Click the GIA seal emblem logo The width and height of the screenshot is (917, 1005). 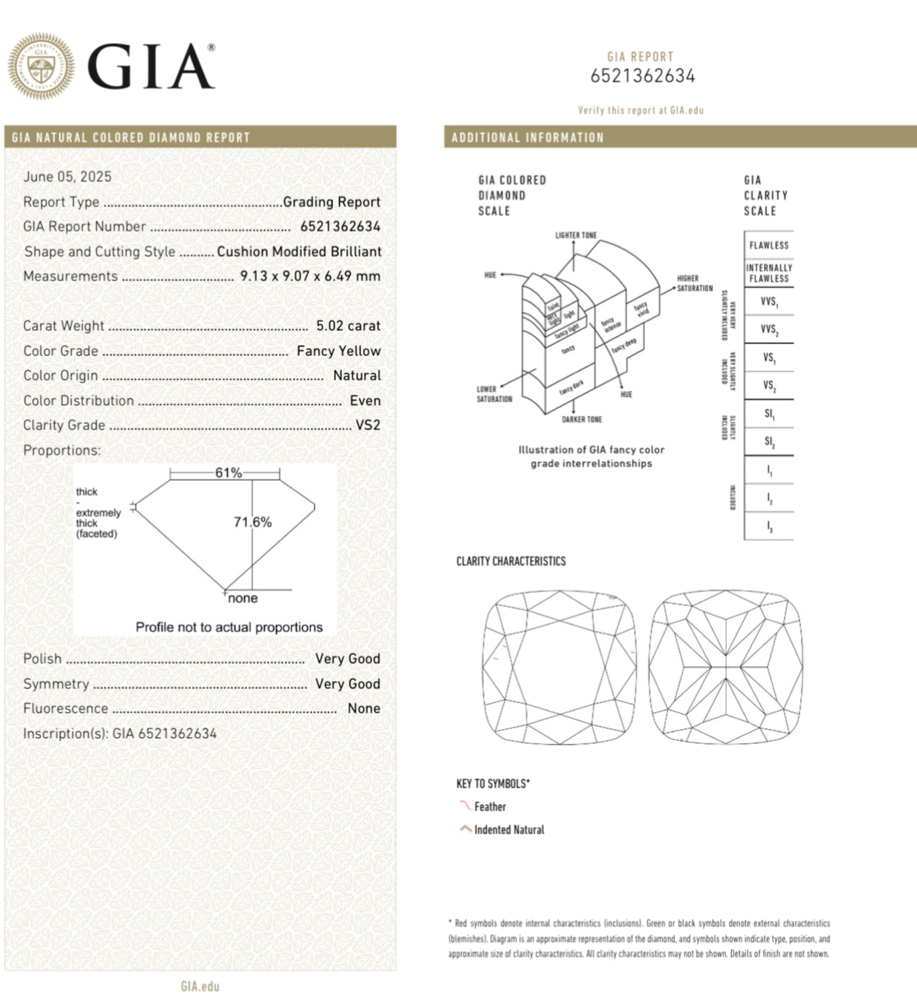(x=41, y=66)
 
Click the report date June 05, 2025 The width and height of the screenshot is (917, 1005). (x=67, y=177)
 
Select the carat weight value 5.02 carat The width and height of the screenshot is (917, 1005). (x=348, y=326)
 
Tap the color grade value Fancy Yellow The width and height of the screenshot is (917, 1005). (x=338, y=351)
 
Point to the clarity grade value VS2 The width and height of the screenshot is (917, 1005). (x=367, y=426)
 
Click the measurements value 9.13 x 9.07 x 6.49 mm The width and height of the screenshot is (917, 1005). (x=310, y=276)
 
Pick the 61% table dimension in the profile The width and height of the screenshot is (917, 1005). (x=228, y=473)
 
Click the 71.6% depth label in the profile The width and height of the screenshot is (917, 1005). (x=252, y=522)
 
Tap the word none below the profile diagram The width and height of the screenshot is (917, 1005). (x=243, y=599)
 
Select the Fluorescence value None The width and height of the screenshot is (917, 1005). (x=363, y=708)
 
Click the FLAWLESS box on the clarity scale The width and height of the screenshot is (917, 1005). (x=769, y=245)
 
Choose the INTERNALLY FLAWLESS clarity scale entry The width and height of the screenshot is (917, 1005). (x=769, y=273)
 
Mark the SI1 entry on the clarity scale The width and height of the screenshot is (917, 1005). (x=769, y=414)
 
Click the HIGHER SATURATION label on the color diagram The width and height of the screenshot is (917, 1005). (x=694, y=283)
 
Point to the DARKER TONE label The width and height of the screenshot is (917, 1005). (x=582, y=420)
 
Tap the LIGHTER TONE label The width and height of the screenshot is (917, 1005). (x=576, y=235)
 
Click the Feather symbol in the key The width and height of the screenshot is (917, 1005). (x=465, y=806)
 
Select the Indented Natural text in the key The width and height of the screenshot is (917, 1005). (x=508, y=830)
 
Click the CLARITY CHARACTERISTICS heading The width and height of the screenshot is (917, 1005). (x=511, y=562)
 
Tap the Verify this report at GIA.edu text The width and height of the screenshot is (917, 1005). (x=640, y=110)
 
